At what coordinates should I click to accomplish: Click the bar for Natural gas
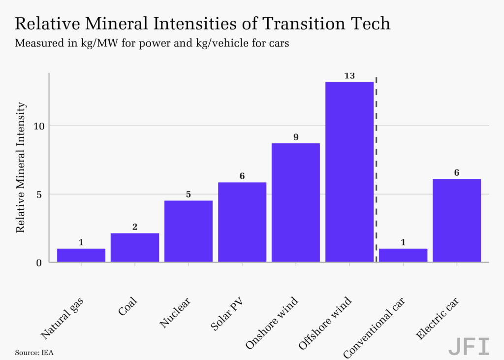click(81, 255)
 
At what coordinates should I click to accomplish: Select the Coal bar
click(135, 247)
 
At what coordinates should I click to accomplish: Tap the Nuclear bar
click(189, 231)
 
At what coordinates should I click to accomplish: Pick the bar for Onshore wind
click(296, 203)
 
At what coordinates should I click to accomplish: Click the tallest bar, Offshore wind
click(349, 172)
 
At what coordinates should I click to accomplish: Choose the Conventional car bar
click(403, 255)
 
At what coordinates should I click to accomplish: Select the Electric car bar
click(457, 220)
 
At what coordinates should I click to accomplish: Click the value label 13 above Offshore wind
click(349, 76)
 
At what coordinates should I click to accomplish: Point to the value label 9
click(296, 137)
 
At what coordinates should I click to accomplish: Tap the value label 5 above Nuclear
click(189, 195)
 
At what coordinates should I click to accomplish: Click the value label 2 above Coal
click(135, 227)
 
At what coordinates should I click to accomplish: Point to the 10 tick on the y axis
click(38, 126)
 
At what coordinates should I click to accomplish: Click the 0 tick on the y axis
click(39, 263)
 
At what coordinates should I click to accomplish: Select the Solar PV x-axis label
click(226, 314)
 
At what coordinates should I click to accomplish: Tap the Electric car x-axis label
click(437, 319)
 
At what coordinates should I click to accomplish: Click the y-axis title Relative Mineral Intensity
click(20, 167)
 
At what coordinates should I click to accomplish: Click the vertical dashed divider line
click(376, 169)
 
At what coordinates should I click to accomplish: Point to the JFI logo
click(469, 346)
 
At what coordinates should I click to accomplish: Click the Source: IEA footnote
click(34, 353)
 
